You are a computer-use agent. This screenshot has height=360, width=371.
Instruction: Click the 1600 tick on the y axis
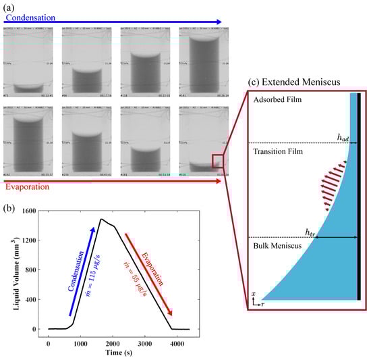pyautogui.click(x=30, y=211)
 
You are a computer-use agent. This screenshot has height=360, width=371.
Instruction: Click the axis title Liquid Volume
pyautogui.click(x=11, y=269)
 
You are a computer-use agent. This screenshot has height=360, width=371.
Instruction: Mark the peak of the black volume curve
pyautogui.click(x=101, y=219)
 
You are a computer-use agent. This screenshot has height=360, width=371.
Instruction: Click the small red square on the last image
pyautogui.click(x=218, y=160)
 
